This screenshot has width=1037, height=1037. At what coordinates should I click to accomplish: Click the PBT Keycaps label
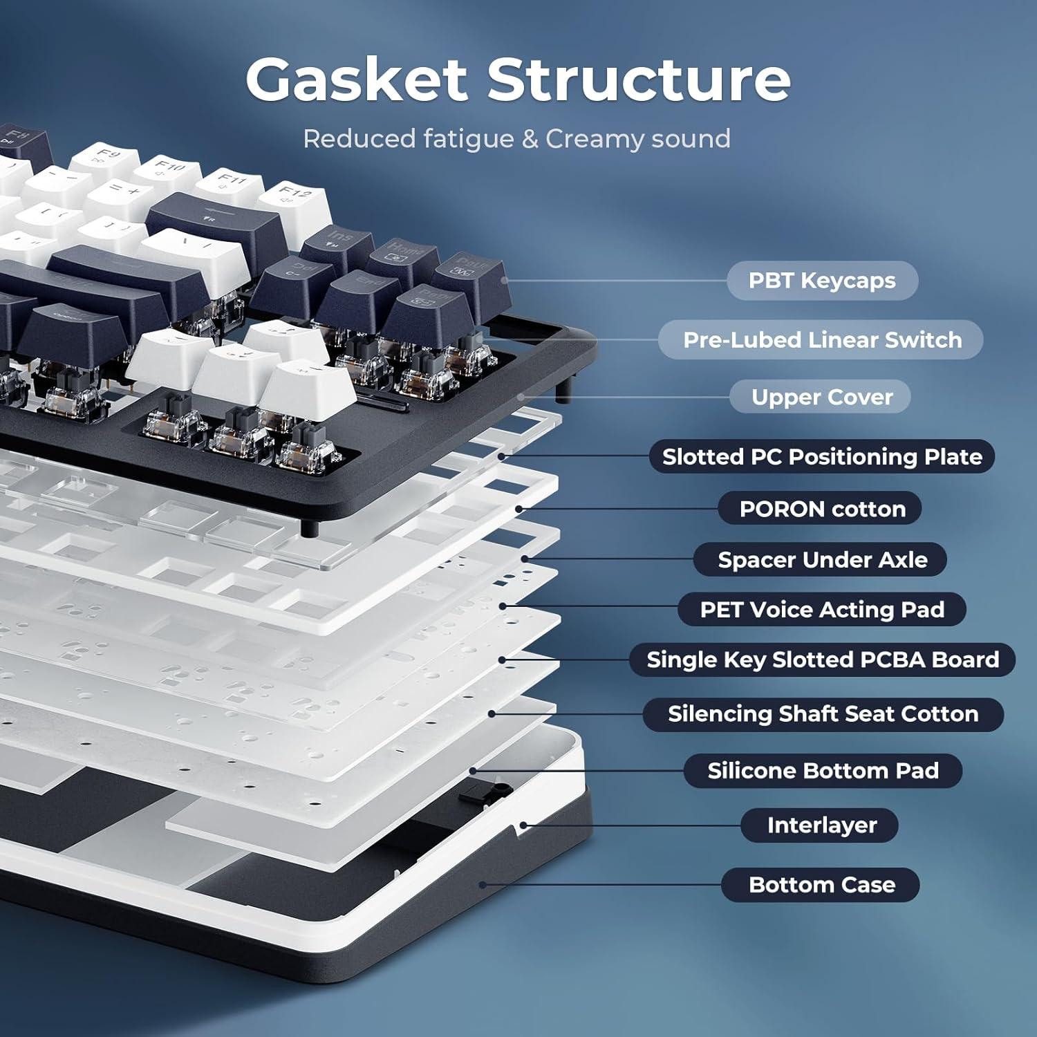coord(821,281)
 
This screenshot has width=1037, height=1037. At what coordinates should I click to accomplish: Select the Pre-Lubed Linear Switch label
coord(821,339)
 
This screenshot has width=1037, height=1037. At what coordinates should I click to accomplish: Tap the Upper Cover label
coord(821,397)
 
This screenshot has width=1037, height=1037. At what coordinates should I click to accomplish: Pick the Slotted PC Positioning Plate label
coord(821,456)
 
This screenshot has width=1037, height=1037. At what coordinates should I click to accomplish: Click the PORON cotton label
coord(821,509)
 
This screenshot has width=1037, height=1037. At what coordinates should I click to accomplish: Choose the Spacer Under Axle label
coord(821,559)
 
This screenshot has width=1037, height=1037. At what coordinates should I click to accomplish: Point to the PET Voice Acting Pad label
coord(821,609)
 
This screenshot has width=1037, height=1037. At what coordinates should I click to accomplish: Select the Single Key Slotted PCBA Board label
coord(821,660)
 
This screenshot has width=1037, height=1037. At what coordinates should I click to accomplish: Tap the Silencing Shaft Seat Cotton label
coord(821,713)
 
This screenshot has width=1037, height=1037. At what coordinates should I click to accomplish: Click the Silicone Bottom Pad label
coord(821,770)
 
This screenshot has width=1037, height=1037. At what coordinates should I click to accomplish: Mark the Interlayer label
coord(821,825)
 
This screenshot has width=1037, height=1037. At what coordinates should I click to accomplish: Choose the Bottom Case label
coord(821,884)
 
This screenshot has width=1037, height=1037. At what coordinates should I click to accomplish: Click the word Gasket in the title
coord(356,80)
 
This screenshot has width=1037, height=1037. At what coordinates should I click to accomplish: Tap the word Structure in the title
coord(639,80)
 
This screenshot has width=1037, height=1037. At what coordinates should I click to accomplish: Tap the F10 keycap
coord(168,169)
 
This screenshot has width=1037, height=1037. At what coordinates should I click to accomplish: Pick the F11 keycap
coord(231,181)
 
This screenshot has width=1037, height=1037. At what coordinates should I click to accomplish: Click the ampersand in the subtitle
coord(530,139)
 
